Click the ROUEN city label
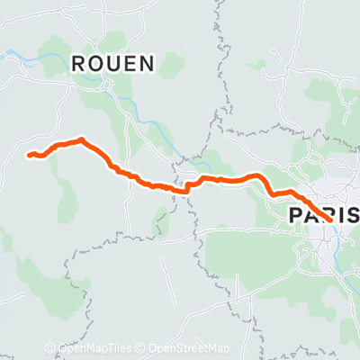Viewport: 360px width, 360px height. pyautogui.click(x=112, y=63)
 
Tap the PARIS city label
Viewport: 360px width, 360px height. pyautogui.click(x=324, y=214)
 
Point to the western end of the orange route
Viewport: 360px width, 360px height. pyautogui.click(x=30, y=156)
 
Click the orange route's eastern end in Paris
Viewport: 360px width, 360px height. pyautogui.click(x=330, y=218)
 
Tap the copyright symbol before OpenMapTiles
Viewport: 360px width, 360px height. pyautogui.click(x=50, y=349)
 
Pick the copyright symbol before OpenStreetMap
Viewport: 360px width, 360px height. pyautogui.click(x=142, y=349)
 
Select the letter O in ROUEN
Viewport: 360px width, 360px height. pyautogui.click(x=95, y=63)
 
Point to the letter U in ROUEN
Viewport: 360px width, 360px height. pyautogui.click(x=113, y=63)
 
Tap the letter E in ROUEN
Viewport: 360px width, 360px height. pyautogui.click(x=130, y=63)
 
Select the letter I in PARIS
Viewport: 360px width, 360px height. pyautogui.click(x=342, y=214)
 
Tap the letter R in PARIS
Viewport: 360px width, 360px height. pyautogui.click(x=328, y=214)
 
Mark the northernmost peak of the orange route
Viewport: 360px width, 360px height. pyautogui.click(x=82, y=139)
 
